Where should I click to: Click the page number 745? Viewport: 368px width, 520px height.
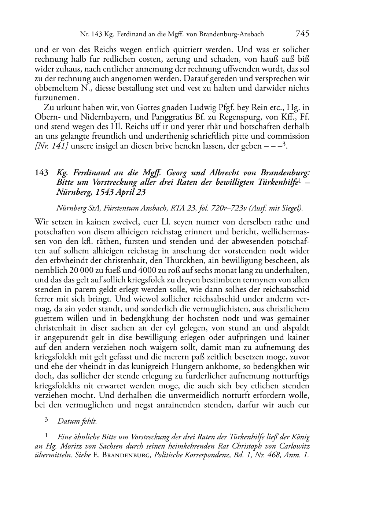click(x=302, y=34)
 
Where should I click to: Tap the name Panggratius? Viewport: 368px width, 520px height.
click(x=159, y=117)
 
